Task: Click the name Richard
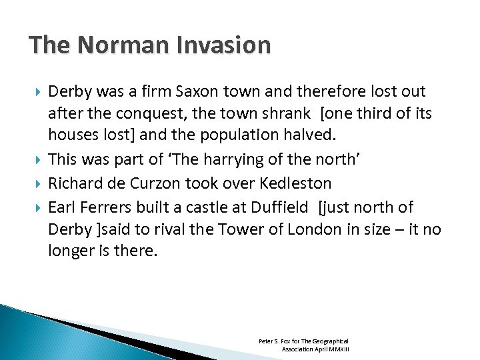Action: pyautogui.click(x=73, y=183)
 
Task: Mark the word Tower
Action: pyautogui.click(x=249, y=230)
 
